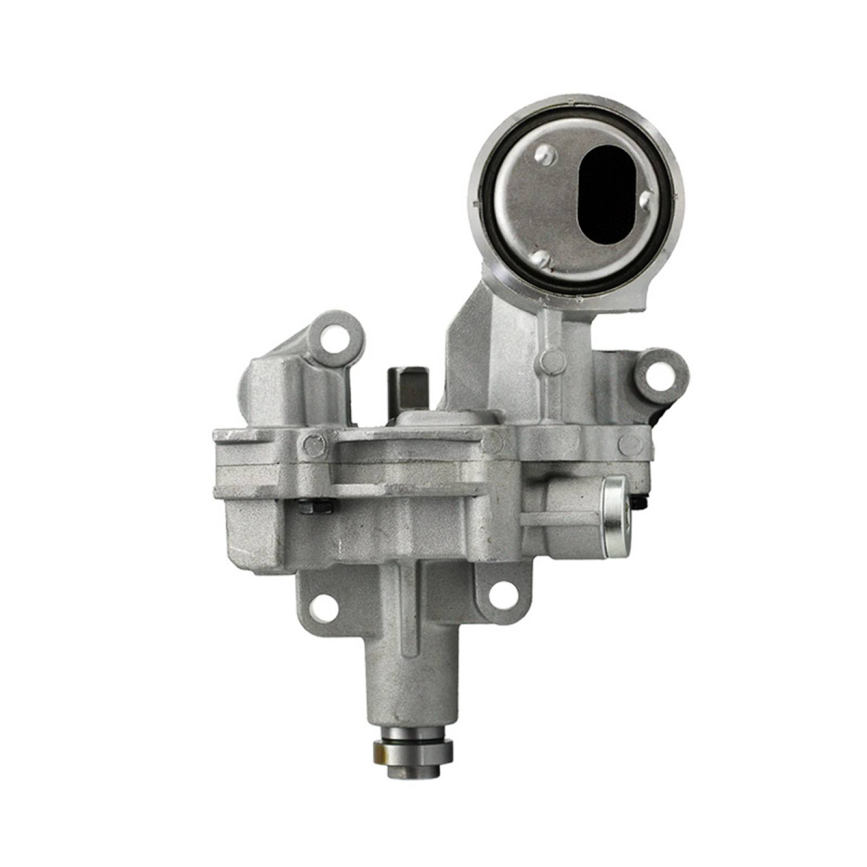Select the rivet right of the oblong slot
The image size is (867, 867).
pyautogui.click(x=645, y=201)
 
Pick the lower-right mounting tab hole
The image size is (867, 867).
pyautogui.click(x=501, y=593)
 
